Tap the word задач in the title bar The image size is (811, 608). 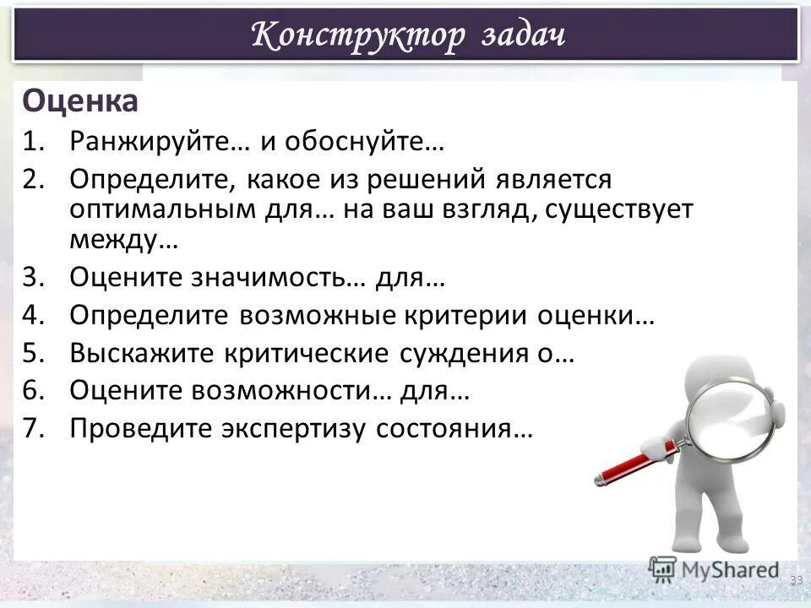[x=524, y=35]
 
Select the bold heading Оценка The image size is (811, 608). [x=80, y=102]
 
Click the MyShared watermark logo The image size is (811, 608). [x=714, y=570]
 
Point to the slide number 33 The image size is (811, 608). [x=796, y=580]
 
